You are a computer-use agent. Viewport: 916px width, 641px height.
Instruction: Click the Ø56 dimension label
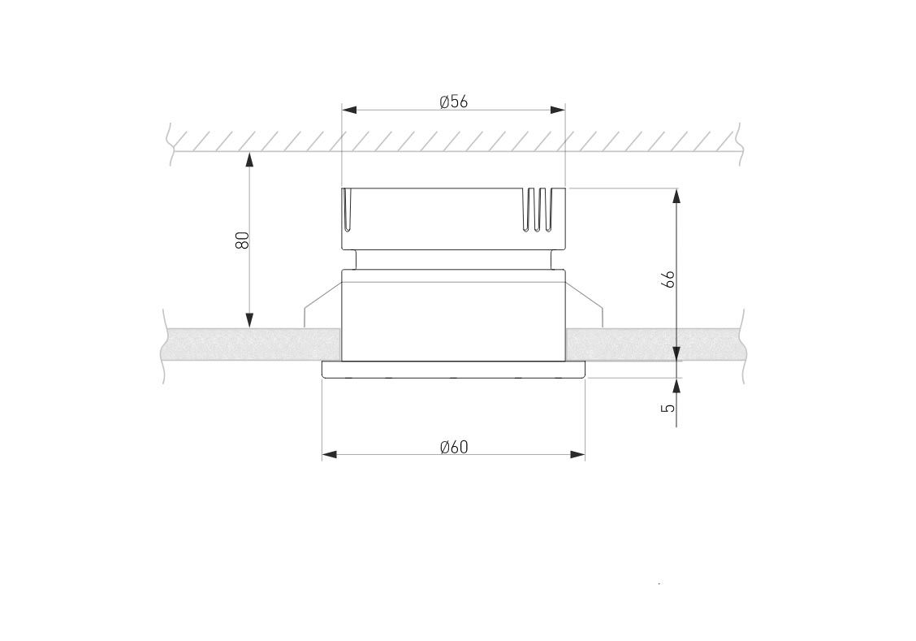(x=454, y=102)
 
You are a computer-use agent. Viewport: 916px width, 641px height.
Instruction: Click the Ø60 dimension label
(x=454, y=447)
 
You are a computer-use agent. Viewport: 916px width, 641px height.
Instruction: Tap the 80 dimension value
(x=243, y=240)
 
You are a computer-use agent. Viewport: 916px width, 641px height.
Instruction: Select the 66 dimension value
(x=669, y=279)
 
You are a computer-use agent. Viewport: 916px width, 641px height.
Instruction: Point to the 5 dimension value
(x=668, y=407)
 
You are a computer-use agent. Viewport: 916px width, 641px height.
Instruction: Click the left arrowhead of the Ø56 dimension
(x=348, y=109)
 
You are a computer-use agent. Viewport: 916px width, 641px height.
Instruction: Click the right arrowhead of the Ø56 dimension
(x=558, y=109)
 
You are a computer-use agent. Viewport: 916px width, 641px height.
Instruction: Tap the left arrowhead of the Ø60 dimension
(x=330, y=455)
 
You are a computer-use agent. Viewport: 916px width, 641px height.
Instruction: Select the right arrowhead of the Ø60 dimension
(x=577, y=455)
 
